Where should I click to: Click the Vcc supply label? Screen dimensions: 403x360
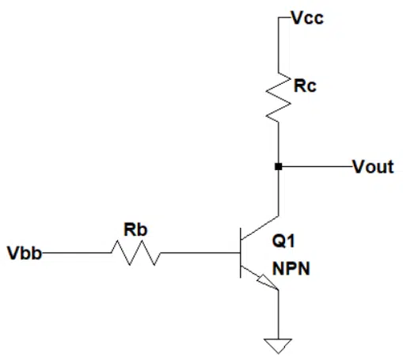pos(308,18)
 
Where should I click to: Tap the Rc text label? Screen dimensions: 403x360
pos(305,85)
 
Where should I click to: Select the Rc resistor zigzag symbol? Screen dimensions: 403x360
pos(278,97)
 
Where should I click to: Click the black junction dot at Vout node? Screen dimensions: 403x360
pos(278,167)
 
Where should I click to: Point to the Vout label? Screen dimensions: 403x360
pos(373,167)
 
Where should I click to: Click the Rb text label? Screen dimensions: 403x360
pos(135,229)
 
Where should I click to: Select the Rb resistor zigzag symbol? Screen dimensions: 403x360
pos(135,252)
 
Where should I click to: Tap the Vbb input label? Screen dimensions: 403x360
pos(25,253)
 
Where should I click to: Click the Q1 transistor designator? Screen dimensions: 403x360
pos(283,241)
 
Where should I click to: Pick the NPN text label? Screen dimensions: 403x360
pos(291,269)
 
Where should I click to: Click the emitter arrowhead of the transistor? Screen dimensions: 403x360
pos(268,282)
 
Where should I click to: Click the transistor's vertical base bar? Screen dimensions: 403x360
pos(241,253)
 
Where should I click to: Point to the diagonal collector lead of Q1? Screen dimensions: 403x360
pos(260,228)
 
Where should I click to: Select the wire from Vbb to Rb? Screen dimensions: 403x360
pos(77,252)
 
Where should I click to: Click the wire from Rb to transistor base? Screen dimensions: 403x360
pos(200,252)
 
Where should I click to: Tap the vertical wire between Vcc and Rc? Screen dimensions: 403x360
pos(278,45)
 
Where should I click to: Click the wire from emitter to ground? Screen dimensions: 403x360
pos(278,314)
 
